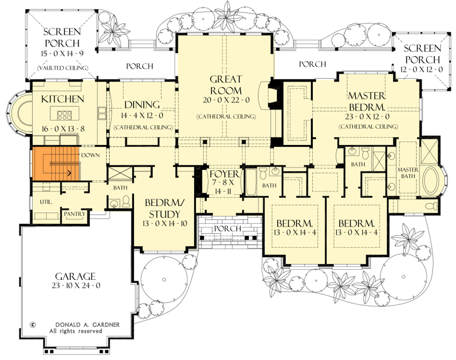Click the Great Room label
[226, 85]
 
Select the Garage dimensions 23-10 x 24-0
[75, 286]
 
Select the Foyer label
[224, 174]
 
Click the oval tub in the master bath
[431, 181]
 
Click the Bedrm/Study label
[162, 208]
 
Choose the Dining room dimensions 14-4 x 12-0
[143, 116]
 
